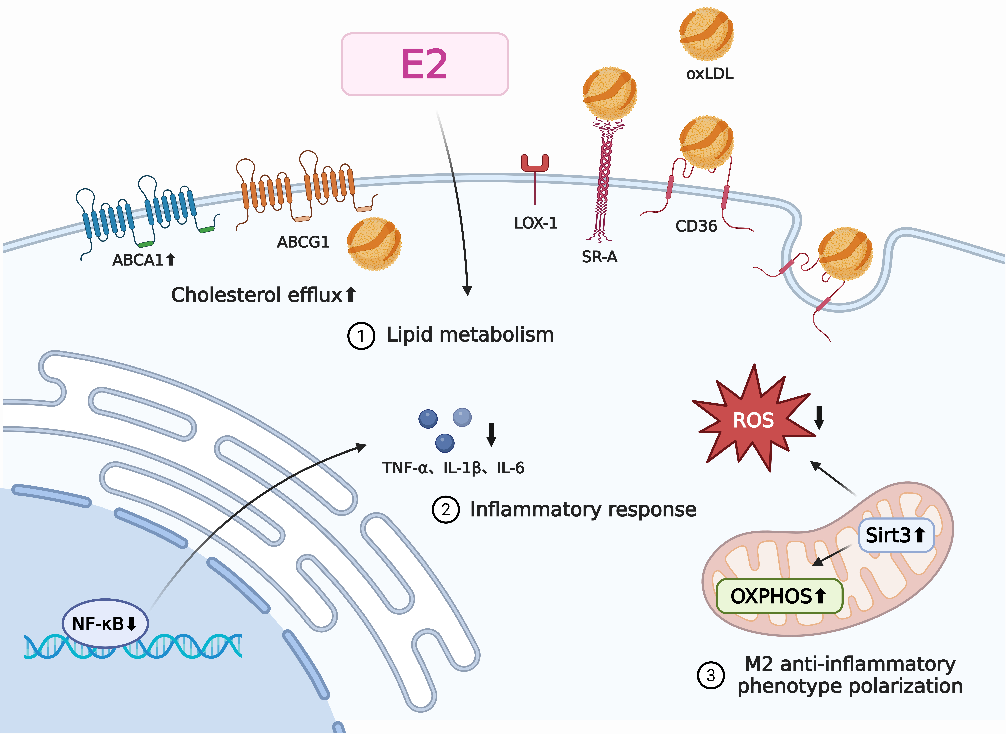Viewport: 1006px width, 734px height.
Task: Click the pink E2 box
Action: [424, 64]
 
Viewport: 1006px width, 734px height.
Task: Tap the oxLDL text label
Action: [710, 74]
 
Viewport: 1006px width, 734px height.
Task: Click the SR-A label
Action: [599, 257]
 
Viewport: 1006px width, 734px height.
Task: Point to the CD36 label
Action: [696, 226]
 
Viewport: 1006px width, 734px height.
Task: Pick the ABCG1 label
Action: [303, 242]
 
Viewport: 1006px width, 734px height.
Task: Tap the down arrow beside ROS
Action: [819, 418]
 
